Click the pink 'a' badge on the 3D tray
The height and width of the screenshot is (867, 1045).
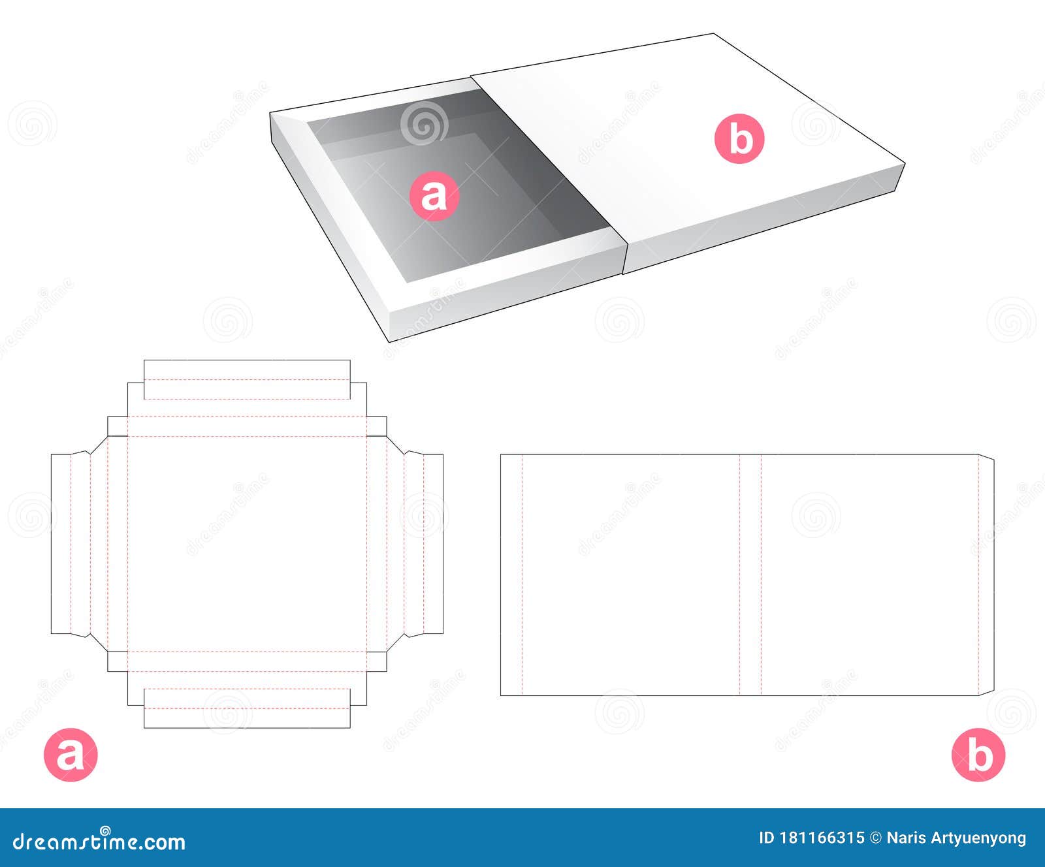click(x=434, y=195)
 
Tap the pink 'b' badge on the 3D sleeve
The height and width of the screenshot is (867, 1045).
click(x=739, y=139)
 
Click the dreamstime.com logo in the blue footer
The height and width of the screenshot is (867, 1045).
click(x=99, y=842)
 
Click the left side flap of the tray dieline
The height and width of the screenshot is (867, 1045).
click(x=71, y=544)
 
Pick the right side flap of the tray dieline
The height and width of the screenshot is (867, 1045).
click(x=423, y=544)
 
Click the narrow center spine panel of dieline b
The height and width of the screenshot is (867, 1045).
click(x=750, y=575)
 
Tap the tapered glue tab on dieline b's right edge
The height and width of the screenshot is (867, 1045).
click(x=986, y=575)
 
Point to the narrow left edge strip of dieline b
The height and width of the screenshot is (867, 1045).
click(x=511, y=575)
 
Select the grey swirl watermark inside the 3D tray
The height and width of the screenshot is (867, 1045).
click(x=424, y=122)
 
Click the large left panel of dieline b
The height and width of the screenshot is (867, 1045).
click(x=630, y=575)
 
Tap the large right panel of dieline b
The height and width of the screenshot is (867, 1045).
click(x=869, y=575)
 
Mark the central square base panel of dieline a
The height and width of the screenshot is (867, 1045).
click(x=247, y=544)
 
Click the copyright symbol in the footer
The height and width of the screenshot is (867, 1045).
click(x=876, y=838)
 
